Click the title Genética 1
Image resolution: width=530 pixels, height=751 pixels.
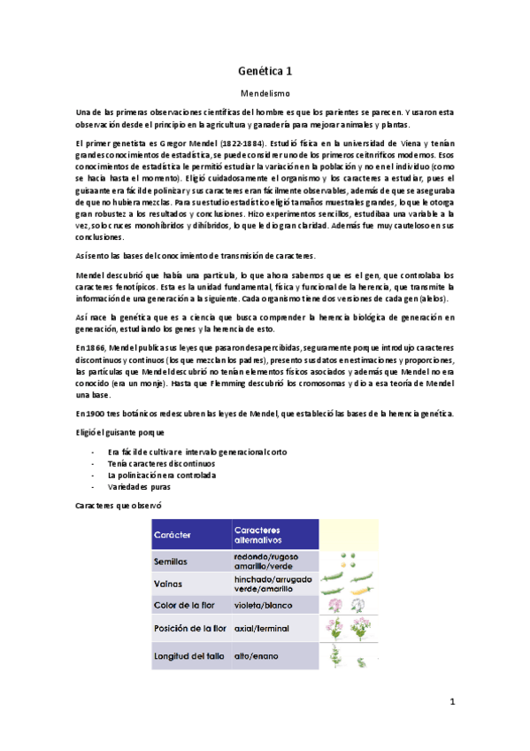pos(265,68)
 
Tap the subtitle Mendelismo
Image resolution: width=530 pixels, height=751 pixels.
pos(265,91)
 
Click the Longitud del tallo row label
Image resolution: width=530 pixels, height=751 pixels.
pos(188,656)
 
